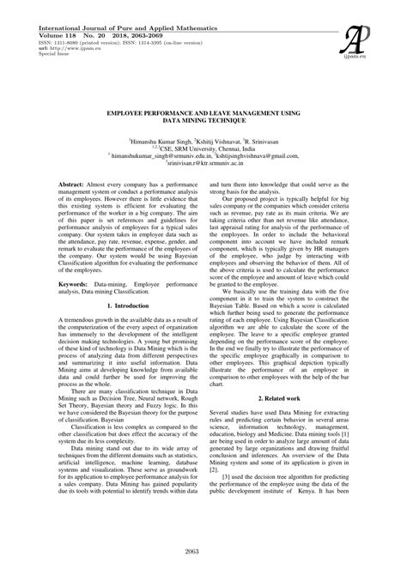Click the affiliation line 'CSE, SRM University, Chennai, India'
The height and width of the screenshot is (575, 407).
[x=203, y=148]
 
